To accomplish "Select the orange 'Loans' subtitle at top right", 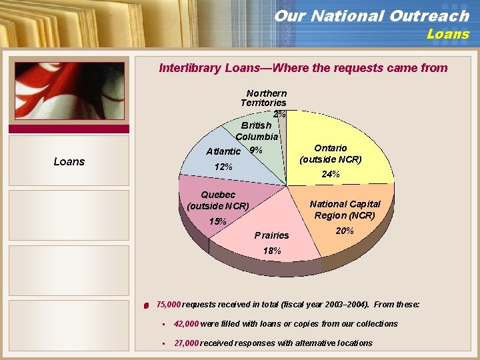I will click(x=447, y=34).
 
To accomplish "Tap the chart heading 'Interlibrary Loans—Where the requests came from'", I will click(x=303, y=68).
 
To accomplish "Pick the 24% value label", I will click(x=331, y=174).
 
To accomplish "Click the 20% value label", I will click(x=345, y=231).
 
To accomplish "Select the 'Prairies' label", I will click(x=272, y=235).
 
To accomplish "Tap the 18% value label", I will click(x=272, y=251).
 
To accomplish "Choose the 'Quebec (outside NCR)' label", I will click(x=218, y=200).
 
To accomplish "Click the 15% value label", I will click(x=218, y=221).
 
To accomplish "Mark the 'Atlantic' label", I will click(x=223, y=151).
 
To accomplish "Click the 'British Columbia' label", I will click(x=257, y=131).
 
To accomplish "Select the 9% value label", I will click(x=255, y=150).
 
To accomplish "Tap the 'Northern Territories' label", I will click(x=265, y=98).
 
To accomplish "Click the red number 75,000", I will click(x=168, y=305).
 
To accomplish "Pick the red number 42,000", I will click(x=186, y=324).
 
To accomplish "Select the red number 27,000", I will click(x=186, y=343).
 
